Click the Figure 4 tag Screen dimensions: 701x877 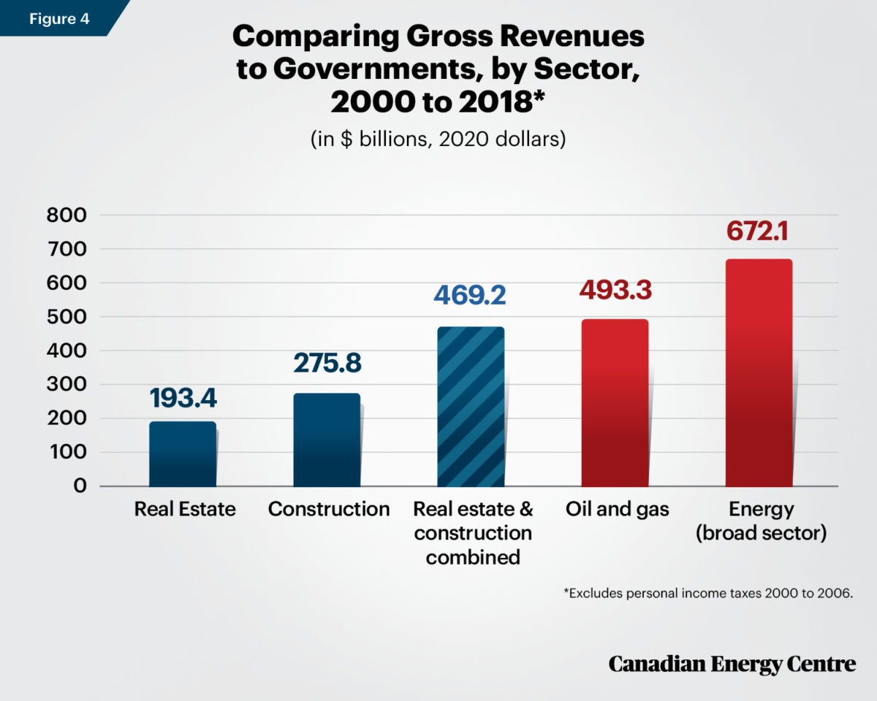[58, 18]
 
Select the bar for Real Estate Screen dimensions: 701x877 [183, 454]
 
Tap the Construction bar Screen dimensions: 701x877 [327, 440]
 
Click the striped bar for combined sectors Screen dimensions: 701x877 [471, 407]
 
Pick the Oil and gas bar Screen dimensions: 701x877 [615, 403]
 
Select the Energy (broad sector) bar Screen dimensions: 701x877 [759, 372]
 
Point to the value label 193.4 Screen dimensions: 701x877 [183, 398]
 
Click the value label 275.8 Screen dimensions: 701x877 [327, 364]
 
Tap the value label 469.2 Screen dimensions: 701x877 [470, 295]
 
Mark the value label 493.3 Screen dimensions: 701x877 [615, 289]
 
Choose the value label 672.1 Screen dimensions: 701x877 [759, 229]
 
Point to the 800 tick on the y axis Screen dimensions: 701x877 [66, 215]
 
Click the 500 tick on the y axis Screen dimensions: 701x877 [66, 317]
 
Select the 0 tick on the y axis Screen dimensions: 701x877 [80, 486]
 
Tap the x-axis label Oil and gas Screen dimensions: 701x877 [617, 509]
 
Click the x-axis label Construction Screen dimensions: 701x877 [329, 509]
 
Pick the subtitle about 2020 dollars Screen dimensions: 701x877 [438, 139]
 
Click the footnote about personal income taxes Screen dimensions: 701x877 [708, 594]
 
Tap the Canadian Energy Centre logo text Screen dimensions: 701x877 [732, 664]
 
